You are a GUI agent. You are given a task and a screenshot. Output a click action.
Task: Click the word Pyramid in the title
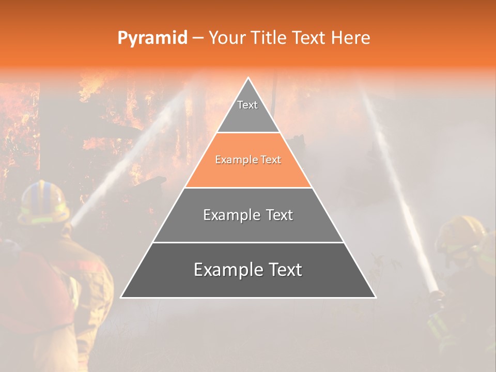coord(152,38)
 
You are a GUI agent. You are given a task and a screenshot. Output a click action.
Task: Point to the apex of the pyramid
coord(248,79)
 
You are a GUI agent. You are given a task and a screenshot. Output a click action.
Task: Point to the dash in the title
coord(198,38)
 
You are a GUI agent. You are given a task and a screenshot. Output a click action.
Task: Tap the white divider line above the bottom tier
coord(248,242)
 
